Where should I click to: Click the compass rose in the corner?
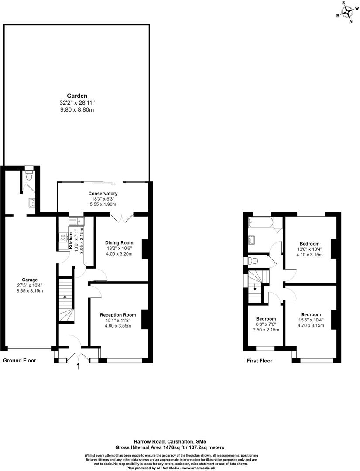[x=347, y=12]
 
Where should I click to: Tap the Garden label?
[x=77, y=96]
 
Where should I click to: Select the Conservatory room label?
[x=103, y=194]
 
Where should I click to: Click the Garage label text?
[x=30, y=280]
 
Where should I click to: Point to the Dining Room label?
[x=119, y=243]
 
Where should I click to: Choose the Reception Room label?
[x=118, y=315]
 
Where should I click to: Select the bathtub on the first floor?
[x=261, y=224]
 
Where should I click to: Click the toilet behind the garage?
[x=29, y=175]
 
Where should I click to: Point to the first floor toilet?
[x=253, y=261]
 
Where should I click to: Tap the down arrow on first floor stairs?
[x=255, y=287]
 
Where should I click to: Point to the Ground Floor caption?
[x=20, y=361]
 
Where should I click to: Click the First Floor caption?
[x=259, y=361]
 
